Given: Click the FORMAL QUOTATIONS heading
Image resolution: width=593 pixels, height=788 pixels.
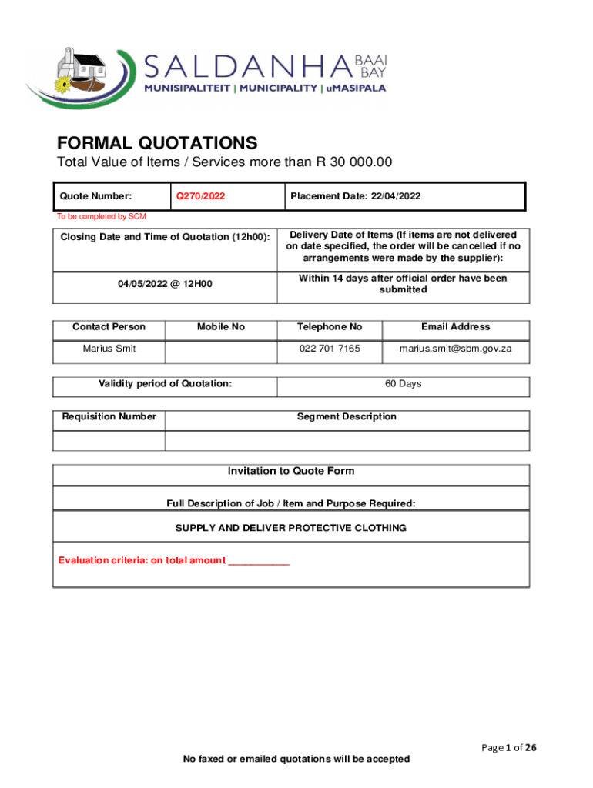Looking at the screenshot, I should coord(157,143).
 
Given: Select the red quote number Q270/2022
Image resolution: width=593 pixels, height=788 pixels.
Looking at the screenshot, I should coord(200,196).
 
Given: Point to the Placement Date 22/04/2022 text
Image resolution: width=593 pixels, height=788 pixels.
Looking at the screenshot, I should coord(355,196).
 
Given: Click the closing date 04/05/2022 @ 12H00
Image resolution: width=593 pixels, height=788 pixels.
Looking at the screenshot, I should coord(165,284).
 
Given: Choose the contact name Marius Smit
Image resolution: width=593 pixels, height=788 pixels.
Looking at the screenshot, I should coord(109,349).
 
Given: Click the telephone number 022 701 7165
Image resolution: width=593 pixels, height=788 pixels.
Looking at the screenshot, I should coord(329,349).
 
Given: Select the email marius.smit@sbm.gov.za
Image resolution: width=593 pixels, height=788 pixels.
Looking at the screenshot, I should coord(455,349).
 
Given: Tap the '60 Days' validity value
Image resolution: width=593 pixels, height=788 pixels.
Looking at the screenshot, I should coord(403,383).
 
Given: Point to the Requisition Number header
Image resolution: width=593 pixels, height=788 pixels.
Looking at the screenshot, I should coord(109,417).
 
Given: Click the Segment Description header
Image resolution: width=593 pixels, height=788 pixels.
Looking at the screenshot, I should coord(347,417).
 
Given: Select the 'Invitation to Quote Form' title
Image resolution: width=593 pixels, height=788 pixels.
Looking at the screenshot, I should coord(291,471).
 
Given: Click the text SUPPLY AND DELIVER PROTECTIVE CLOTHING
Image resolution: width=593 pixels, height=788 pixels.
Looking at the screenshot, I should coord(291,528).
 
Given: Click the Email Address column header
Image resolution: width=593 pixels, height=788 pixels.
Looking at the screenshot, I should coord(455,327).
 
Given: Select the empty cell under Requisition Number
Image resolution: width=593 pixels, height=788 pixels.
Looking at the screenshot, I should coord(109,440).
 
